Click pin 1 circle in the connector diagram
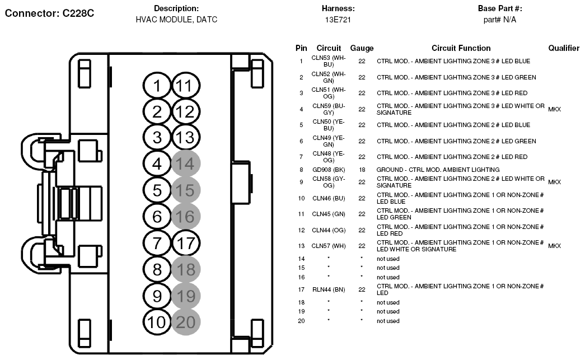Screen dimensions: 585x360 tap(157, 86)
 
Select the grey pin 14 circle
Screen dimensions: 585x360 tap(186, 164)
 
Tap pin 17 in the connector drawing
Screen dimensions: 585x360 tap(186, 243)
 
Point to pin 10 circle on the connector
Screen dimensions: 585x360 tap(157, 322)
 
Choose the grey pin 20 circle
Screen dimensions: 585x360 tap(186, 322)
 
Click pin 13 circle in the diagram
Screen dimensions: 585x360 tap(186, 137)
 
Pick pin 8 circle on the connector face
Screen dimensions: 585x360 tap(157, 269)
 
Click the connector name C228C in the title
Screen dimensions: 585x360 tap(78, 13)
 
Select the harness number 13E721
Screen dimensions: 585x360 tap(338, 20)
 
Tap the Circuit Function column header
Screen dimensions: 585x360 tap(461, 48)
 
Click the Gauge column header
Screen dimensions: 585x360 tap(362, 49)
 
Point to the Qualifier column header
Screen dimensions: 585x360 tap(563, 48)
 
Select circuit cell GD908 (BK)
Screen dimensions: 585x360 tap(328, 170)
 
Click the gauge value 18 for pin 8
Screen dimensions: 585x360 tap(362, 170)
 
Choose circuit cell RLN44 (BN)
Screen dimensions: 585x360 tap(328, 289)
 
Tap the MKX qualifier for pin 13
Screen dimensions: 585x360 tap(554, 246)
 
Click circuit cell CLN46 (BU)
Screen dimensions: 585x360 tap(328, 198)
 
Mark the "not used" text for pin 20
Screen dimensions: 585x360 tap(388, 321)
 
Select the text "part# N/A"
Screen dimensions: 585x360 tap(499, 20)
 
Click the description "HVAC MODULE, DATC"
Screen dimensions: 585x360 tap(176, 20)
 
